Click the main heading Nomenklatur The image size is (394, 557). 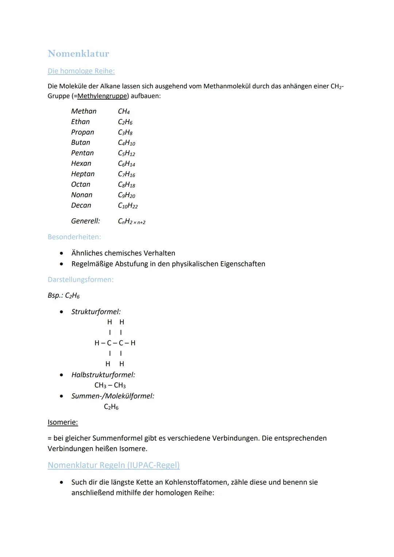point(78,54)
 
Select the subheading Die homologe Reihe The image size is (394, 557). point(81,71)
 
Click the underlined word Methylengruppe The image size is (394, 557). point(103,96)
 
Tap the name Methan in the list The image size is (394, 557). point(84,111)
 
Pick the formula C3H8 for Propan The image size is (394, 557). point(125,132)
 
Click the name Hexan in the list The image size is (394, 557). point(81,163)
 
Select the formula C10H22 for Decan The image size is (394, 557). point(128,206)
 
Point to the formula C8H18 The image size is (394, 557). point(126,185)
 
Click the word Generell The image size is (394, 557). point(85,221)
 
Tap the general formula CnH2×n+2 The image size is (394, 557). point(131,221)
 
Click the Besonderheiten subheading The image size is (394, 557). point(74,237)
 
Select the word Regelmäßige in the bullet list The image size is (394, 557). point(92,264)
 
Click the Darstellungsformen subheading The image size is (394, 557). point(80,280)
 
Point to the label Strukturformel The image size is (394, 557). point(96,312)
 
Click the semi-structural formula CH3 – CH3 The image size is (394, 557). point(110,386)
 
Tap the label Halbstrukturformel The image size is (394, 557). point(103,375)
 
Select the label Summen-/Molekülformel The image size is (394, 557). point(113,396)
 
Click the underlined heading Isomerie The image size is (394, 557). point(63,422)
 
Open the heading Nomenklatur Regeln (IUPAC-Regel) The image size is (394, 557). point(113,465)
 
